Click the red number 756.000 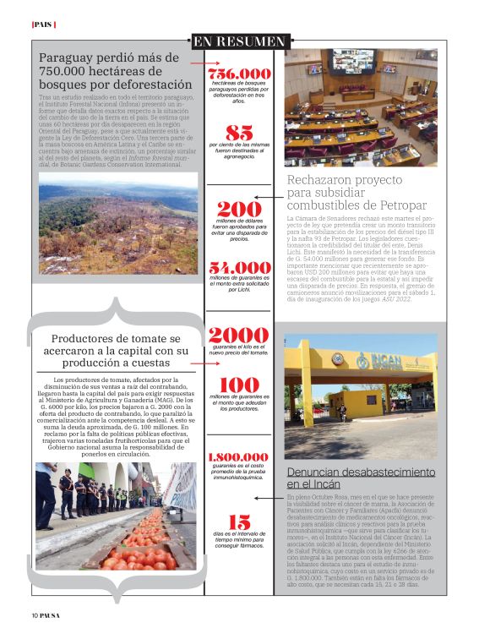tap(240, 74)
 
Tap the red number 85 tap(239, 133)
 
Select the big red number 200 tap(239, 209)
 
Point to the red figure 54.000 tap(240, 268)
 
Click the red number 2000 tap(239, 336)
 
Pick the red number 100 tap(239, 385)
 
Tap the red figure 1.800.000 tap(239, 456)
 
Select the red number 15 tap(239, 522)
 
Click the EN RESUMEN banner tap(239, 41)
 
